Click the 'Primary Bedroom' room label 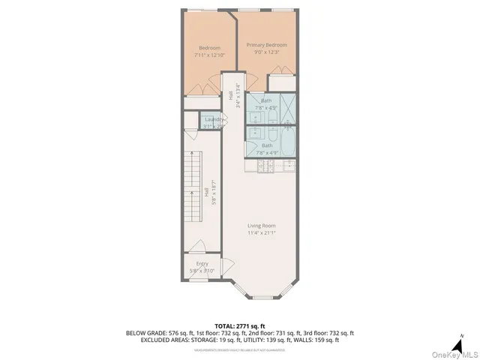point(267,45)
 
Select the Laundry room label point(212,118)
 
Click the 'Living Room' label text point(262,225)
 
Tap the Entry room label point(202,264)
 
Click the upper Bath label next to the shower point(266,100)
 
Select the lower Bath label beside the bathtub point(266,146)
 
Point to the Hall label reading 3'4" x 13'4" point(234,94)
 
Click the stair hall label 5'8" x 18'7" point(214,191)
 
